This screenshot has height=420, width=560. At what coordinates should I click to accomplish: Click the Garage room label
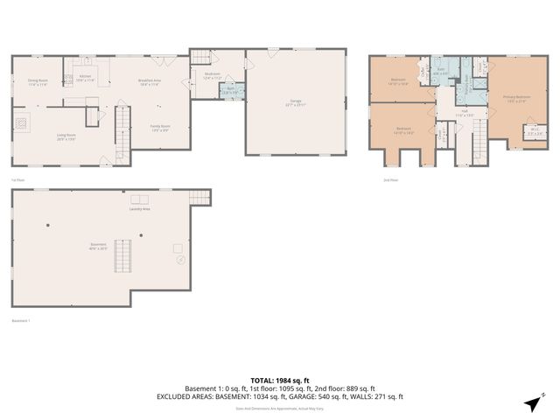point(294,102)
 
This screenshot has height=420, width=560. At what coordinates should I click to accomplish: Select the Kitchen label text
point(85,78)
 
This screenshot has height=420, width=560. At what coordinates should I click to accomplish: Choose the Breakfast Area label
point(149,82)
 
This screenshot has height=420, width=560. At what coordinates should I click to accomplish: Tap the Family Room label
point(159,128)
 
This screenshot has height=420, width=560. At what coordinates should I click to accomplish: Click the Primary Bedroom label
point(516,98)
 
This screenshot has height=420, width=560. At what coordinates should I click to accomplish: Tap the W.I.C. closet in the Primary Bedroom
point(535,132)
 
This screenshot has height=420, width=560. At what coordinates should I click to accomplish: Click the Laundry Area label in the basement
point(140,209)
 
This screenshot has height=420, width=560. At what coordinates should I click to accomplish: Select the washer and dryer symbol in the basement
point(140,199)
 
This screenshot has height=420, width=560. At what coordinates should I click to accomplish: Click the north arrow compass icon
point(530,402)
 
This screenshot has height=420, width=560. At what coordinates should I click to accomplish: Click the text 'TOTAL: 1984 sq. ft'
point(279,381)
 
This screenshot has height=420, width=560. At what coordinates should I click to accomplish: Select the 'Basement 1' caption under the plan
point(21,320)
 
